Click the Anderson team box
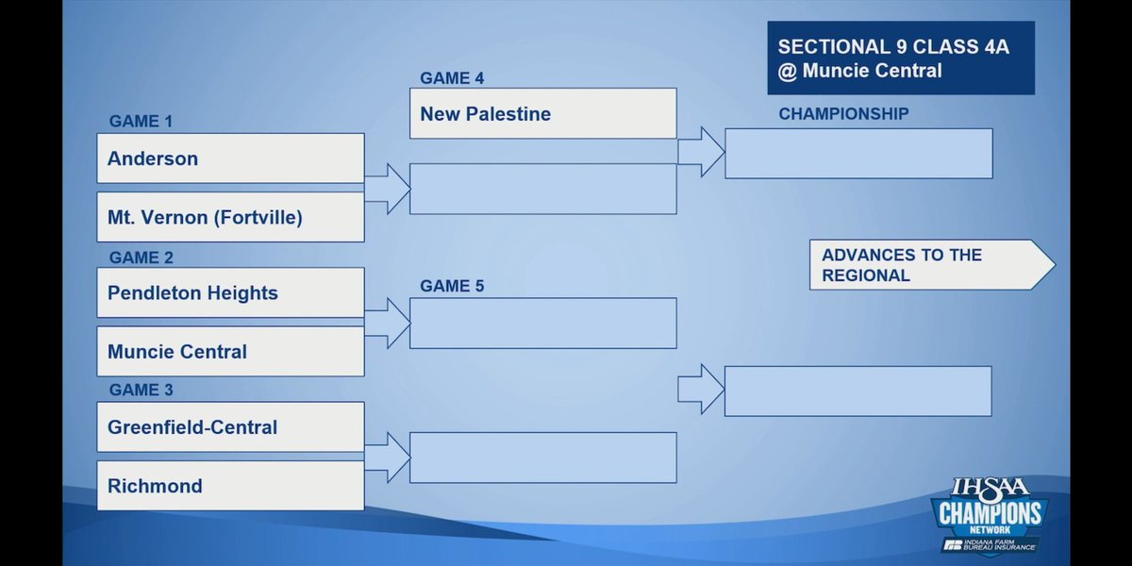(230, 158)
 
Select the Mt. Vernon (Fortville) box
(230, 217)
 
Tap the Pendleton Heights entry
(230, 292)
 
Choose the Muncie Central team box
(230, 351)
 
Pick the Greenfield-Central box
(230, 426)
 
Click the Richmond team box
(230, 486)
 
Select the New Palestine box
(542, 113)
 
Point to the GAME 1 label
(141, 122)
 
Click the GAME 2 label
(141, 258)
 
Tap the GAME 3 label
(141, 390)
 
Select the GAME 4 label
(452, 78)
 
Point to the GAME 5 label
(452, 286)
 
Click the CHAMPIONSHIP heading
(843, 114)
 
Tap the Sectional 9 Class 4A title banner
(900, 58)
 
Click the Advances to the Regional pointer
(930, 265)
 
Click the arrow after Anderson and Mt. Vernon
(387, 189)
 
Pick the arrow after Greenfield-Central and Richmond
(387, 458)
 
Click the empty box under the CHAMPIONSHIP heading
(858, 153)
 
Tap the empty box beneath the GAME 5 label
(542, 323)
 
